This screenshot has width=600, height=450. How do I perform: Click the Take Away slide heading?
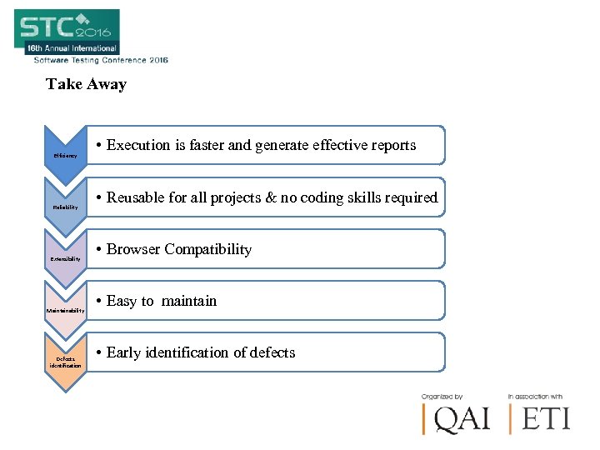(87, 84)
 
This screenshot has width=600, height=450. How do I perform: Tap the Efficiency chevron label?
(65, 156)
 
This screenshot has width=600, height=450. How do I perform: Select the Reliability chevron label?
(66, 207)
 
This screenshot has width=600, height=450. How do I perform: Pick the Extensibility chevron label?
(66, 259)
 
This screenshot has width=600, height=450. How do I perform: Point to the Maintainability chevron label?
(66, 311)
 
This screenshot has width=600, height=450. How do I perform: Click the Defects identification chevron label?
(66, 362)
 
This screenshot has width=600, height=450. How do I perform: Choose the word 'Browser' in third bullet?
(133, 249)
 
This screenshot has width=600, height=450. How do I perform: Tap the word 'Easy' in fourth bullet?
(122, 301)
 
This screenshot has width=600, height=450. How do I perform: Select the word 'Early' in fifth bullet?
(124, 352)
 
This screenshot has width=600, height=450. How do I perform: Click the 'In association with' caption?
(534, 397)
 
